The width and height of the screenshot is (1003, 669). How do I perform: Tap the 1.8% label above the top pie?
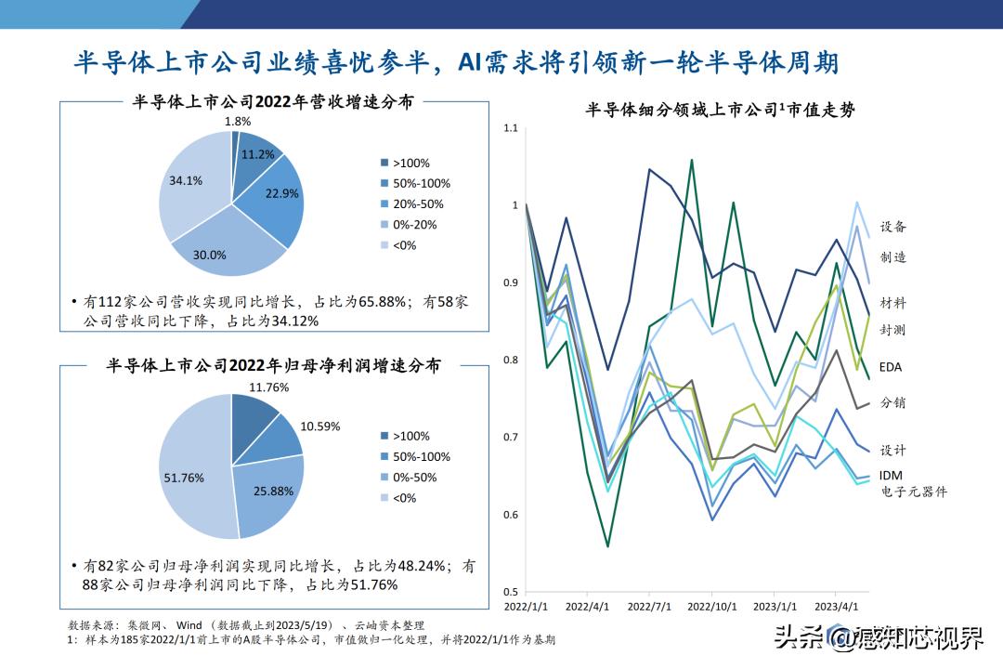click(238, 121)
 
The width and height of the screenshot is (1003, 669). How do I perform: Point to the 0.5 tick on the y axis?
click(511, 591)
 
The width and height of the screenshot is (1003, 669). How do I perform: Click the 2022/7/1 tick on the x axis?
click(650, 606)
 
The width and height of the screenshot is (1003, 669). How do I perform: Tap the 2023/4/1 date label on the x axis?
click(835, 606)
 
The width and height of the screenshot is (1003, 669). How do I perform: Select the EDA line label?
click(891, 367)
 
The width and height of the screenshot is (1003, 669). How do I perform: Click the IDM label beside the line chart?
click(891, 476)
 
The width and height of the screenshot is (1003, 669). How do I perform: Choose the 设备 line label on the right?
click(892, 226)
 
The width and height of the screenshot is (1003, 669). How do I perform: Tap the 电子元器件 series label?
click(914, 492)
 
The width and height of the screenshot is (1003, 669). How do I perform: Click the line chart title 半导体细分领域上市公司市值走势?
click(720, 110)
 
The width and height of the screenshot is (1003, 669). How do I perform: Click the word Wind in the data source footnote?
click(188, 625)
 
